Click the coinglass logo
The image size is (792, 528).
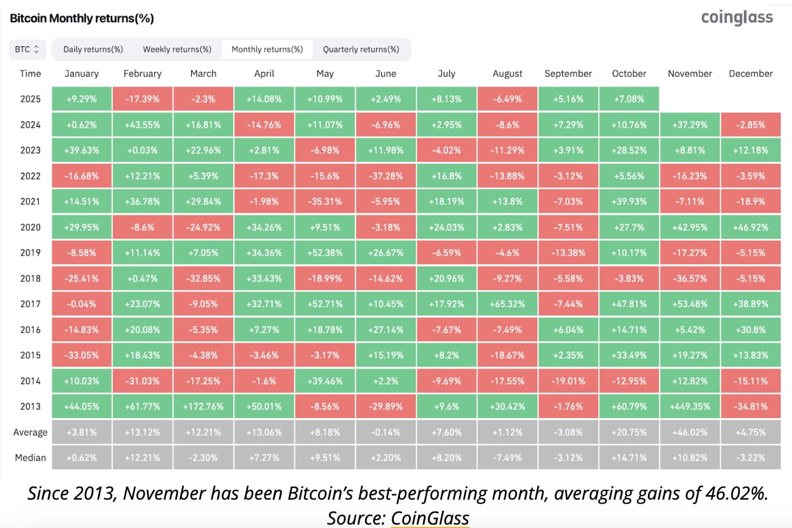pyautogui.click(x=736, y=18)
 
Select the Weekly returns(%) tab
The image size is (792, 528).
pyautogui.click(x=177, y=49)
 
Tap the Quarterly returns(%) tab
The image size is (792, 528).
pyautogui.click(x=361, y=49)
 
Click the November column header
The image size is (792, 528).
pyautogui.click(x=689, y=74)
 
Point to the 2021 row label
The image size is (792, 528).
pyautogui.click(x=31, y=202)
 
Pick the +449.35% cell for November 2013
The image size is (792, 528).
pyautogui.click(x=690, y=407)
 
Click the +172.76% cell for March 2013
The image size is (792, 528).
pyautogui.click(x=203, y=407)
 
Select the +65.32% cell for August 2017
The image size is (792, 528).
pyautogui.click(x=507, y=304)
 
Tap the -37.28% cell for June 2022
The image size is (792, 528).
pyautogui.click(x=386, y=176)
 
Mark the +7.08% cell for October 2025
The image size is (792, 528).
pyautogui.click(x=629, y=99)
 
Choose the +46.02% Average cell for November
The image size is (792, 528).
pyautogui.click(x=690, y=432)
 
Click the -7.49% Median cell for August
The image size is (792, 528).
pyautogui.click(x=507, y=458)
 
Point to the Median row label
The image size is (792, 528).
pyautogui.click(x=31, y=458)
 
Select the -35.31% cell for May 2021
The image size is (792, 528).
pyautogui.click(x=325, y=202)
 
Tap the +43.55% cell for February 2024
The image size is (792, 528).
pyautogui.click(x=142, y=125)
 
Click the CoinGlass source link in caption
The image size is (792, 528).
pyautogui.click(x=429, y=518)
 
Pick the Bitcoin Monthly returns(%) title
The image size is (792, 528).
pyautogui.click(x=82, y=18)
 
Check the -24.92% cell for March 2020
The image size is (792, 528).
pyautogui.click(x=203, y=227)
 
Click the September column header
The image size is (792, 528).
pyautogui.click(x=568, y=74)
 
